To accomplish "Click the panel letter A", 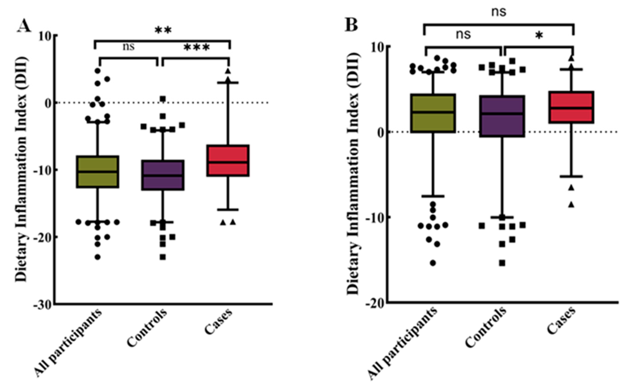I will coord(24,26).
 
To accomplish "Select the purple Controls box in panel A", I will coord(162,175).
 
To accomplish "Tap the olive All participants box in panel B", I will coord(433,113).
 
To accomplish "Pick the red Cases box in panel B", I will coord(571,107).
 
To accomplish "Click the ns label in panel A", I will coord(128,47).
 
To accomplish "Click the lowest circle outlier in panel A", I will coord(98,257).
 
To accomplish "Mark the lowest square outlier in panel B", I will coord(502,263).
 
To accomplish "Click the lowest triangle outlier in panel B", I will coord(571,205).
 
